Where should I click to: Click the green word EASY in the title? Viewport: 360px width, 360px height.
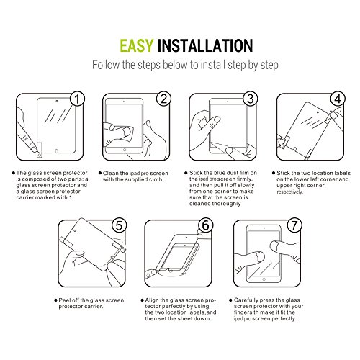click(x=136, y=45)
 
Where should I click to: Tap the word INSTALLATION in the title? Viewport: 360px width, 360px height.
click(x=205, y=45)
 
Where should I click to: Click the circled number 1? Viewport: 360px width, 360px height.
click(x=77, y=99)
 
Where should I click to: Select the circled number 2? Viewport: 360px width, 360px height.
click(x=163, y=99)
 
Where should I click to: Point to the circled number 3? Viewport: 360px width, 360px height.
click(x=251, y=99)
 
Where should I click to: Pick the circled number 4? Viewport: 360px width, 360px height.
click(x=338, y=99)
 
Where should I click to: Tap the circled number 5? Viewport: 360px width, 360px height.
click(x=119, y=225)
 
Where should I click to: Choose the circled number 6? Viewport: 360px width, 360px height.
click(x=206, y=225)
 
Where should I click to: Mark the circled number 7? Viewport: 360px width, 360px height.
click(x=294, y=225)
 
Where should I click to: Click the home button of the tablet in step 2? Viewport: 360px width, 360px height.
click(x=125, y=150)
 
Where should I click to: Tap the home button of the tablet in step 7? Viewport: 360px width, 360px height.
click(x=264, y=279)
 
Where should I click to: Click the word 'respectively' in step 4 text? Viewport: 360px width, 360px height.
click(x=289, y=192)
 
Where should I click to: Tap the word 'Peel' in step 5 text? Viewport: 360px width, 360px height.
click(x=64, y=300)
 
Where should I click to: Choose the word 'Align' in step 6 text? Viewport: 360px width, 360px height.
click(x=151, y=300)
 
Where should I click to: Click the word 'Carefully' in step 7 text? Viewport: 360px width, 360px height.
click(x=246, y=300)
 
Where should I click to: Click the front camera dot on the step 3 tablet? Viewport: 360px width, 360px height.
click(x=228, y=102)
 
